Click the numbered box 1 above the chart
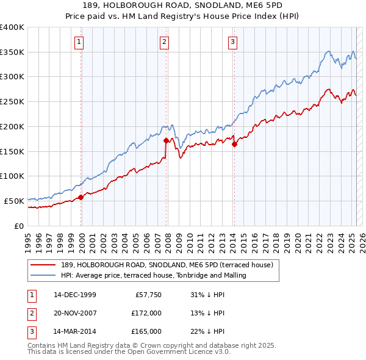pyautogui.click(x=80, y=42)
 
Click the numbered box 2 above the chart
pyautogui.click(x=165, y=42)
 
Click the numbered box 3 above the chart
pyautogui.click(x=233, y=42)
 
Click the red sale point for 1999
pyautogui.click(x=81, y=197)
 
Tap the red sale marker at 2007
pyautogui.click(x=166, y=140)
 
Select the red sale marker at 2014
pyautogui.click(x=234, y=144)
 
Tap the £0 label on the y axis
pyautogui.click(x=18, y=226)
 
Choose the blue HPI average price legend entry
pyautogui.click(x=153, y=275)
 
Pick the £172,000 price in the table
pyautogui.click(x=146, y=313)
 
